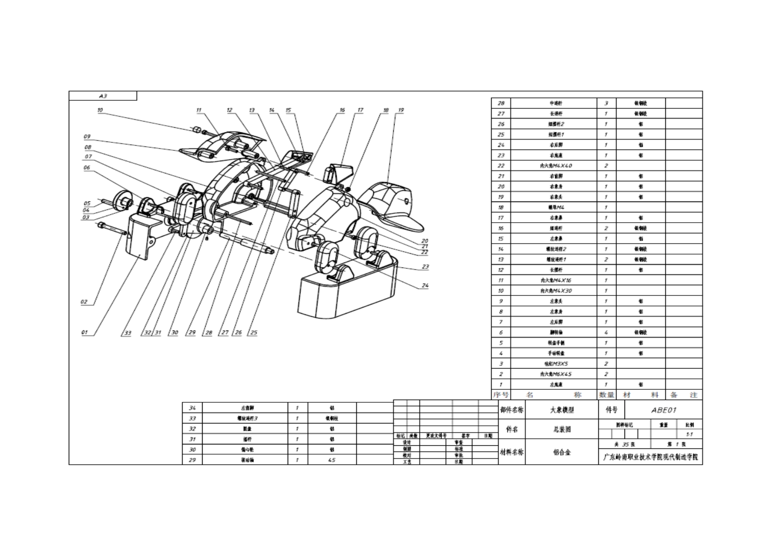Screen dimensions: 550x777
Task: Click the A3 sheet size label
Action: [103, 96]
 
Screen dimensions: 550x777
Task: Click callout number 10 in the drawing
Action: [100, 110]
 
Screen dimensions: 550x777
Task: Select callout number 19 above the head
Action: [401, 110]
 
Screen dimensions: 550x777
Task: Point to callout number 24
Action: [425, 285]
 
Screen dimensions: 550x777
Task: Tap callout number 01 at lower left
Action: [84, 332]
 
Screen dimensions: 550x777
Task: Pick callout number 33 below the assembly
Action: [128, 333]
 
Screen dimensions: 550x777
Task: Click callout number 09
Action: [87, 137]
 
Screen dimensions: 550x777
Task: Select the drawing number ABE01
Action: [664, 410]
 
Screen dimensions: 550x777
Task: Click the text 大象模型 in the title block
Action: [562, 410]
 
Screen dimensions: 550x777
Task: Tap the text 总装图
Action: [562, 429]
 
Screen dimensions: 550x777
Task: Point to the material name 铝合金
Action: [562, 452]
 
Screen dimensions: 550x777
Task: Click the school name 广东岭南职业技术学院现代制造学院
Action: [650, 457]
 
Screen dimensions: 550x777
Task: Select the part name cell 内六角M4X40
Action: [556, 165]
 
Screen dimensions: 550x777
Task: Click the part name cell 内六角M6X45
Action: [556, 374]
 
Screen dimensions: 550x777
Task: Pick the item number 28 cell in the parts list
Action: [501, 103]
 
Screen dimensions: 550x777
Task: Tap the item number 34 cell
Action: [192, 408]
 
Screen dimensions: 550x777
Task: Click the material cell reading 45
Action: [332, 460]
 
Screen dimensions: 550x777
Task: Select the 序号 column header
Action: [501, 395]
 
